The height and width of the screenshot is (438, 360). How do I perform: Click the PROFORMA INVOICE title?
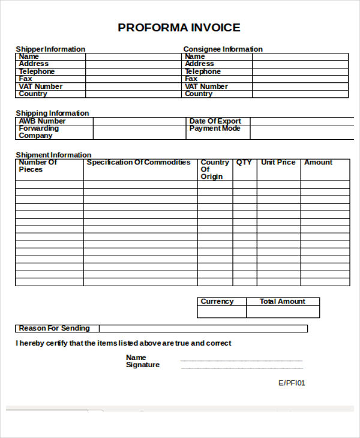[179, 28]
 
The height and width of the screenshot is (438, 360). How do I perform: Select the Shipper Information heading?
[50, 49]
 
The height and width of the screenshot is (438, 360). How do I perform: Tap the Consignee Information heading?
[223, 49]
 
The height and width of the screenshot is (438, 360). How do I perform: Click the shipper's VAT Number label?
[40, 86]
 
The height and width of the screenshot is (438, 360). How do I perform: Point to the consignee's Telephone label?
[203, 71]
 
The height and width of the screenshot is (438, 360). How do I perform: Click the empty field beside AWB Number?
[139, 121]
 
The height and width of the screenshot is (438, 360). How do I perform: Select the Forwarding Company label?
[38, 132]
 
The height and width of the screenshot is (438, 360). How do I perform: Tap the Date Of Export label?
[215, 121]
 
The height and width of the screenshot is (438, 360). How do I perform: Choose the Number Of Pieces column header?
[38, 166]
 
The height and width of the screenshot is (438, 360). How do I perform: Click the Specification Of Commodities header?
[139, 163]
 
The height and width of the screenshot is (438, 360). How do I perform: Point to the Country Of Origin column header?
[214, 169]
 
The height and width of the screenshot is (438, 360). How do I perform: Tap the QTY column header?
[244, 163]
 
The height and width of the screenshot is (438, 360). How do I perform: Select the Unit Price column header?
[278, 163]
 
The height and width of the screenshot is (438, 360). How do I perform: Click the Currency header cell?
[217, 302]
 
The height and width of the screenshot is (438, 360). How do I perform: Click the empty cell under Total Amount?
[283, 312]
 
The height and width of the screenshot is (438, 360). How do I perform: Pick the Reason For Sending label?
[54, 328]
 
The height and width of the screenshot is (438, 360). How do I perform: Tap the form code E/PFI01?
[292, 383]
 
